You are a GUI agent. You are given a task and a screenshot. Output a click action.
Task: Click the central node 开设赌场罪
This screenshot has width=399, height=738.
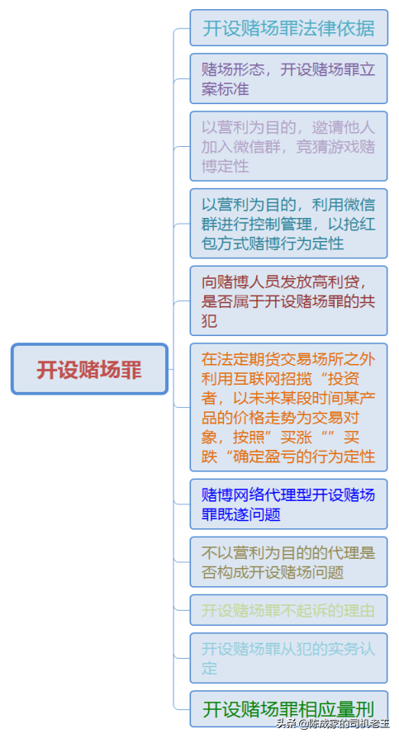pos(89,369)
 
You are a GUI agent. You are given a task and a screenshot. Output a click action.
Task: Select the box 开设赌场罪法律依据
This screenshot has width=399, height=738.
pos(289,28)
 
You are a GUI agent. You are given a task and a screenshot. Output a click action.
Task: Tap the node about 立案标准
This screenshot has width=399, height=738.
pos(289,78)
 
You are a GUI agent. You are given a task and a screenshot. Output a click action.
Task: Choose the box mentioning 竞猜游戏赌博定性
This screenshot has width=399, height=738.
pos(289,146)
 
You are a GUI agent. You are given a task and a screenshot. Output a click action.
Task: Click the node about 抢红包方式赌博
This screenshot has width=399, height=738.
pos(289,224)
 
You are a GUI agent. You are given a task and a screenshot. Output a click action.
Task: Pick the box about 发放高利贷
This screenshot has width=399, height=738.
pos(289,300)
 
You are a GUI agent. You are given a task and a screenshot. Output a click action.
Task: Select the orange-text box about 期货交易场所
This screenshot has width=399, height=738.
pos(289,407)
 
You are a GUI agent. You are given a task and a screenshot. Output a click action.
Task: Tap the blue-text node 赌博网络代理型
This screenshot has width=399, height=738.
pos(289,504)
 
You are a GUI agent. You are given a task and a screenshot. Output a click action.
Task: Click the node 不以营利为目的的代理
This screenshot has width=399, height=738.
pos(289,562)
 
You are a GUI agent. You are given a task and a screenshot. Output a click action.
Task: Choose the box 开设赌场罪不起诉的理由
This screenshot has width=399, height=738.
pos(289,610)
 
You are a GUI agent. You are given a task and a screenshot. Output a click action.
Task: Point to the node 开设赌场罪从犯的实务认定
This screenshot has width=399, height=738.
pos(289,658)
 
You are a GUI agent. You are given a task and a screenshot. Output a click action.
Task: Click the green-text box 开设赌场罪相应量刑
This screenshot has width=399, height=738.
pos(289,709)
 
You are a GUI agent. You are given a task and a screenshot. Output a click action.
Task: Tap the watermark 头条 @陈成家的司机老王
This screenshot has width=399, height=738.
pos(333,723)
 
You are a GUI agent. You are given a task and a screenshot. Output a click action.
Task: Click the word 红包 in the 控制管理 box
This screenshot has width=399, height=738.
pos(359,224)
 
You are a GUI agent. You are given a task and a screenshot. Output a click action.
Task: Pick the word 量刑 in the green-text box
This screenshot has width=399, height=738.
pos(359,709)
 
